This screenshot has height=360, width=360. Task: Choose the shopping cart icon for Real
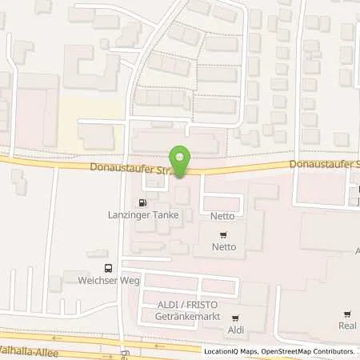pyautogui.click(x=346, y=314)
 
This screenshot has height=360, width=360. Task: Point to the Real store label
pyautogui.click(x=346, y=326)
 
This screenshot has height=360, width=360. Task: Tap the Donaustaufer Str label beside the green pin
pyautogui.click(x=128, y=170)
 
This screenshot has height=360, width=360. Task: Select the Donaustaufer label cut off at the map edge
pyautogui.click(x=325, y=163)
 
